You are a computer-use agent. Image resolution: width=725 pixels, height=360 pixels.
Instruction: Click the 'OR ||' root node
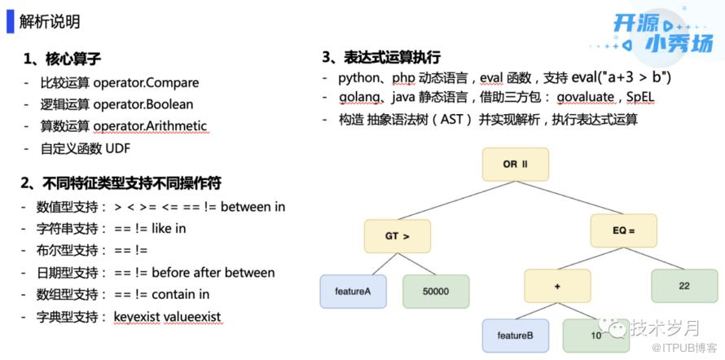[515, 165]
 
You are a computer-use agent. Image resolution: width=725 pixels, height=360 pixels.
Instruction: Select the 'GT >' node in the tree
[397, 236]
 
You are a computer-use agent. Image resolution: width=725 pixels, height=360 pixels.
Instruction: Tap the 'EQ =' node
[623, 230]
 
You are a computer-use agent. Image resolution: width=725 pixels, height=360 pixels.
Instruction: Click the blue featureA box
[353, 292]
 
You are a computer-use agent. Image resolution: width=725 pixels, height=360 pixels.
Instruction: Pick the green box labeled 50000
[436, 292]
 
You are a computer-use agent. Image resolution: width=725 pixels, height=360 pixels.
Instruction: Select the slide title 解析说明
[50, 21]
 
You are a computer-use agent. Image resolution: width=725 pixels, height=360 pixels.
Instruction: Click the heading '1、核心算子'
[62, 59]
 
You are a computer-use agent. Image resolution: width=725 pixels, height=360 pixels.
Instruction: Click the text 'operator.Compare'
[146, 82]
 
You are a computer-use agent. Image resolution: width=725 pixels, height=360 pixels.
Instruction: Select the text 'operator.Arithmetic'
[150, 126]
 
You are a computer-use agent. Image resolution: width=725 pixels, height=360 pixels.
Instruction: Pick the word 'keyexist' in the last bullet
[138, 316]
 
